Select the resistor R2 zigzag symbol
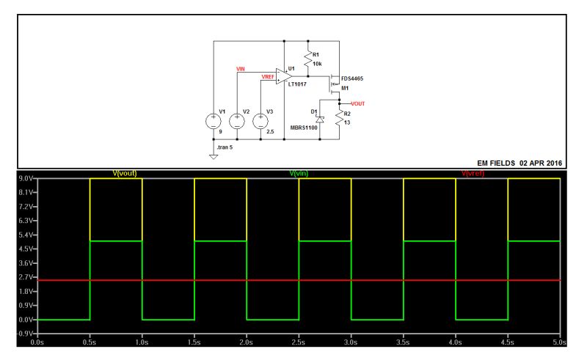[x=340, y=118]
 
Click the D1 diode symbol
[x=320, y=118]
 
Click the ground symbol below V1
[x=214, y=155]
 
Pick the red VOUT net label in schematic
[x=357, y=104]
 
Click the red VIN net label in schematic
[x=241, y=69]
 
